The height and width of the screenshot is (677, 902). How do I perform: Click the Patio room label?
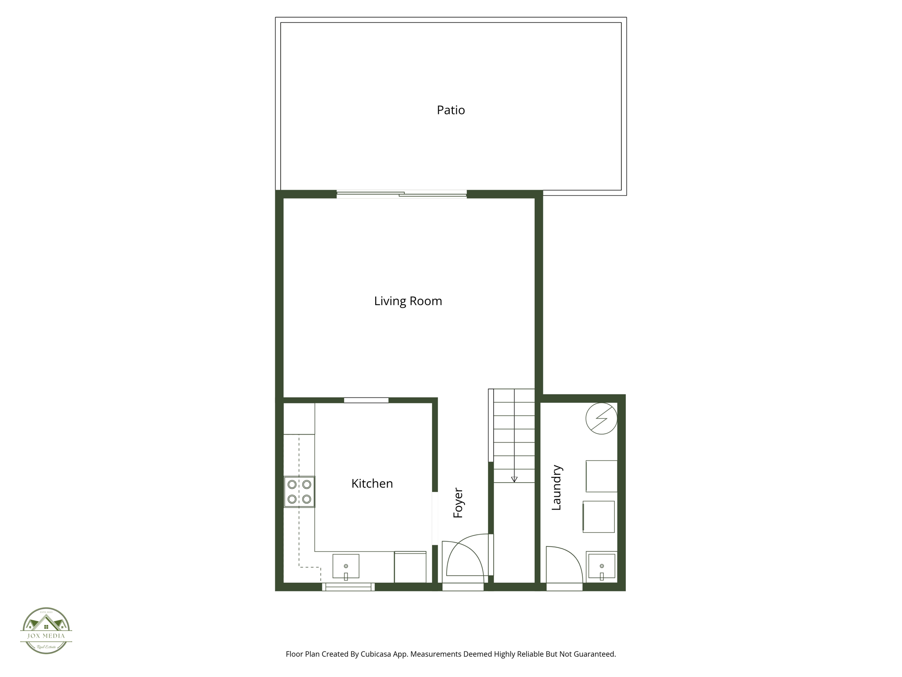(451, 110)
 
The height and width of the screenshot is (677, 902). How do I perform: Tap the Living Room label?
(408, 301)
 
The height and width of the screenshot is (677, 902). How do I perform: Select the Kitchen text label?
(372, 484)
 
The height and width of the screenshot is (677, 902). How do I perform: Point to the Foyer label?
(458, 502)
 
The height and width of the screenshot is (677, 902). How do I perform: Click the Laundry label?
(557, 487)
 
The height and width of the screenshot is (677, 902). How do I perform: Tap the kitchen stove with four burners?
(299, 492)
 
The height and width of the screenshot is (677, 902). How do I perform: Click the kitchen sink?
(346, 566)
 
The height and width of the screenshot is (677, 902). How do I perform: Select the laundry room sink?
(602, 566)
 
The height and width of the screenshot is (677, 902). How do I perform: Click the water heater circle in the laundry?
(601, 418)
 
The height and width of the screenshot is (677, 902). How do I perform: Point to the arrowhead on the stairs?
(514, 480)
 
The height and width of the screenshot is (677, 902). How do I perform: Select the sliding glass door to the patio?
(401, 194)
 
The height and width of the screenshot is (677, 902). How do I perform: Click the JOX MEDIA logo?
(46, 630)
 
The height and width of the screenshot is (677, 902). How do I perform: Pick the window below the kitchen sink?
(348, 587)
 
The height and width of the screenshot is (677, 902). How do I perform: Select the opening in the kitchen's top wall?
(366, 400)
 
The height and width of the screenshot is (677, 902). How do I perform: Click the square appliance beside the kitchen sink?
(410, 567)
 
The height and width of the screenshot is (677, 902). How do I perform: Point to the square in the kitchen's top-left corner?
(299, 419)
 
